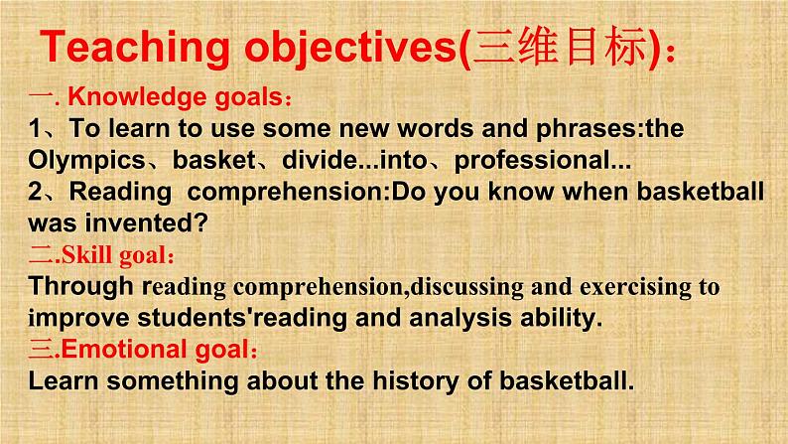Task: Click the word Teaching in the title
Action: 135,48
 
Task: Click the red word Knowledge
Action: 138,97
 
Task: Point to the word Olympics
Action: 86,161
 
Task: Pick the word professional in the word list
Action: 532,161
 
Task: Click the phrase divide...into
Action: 355,160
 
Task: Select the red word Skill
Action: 86,254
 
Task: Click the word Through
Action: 81,287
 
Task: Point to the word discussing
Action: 466,288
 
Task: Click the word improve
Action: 79,319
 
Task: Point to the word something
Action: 173,381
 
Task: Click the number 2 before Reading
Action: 35,192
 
